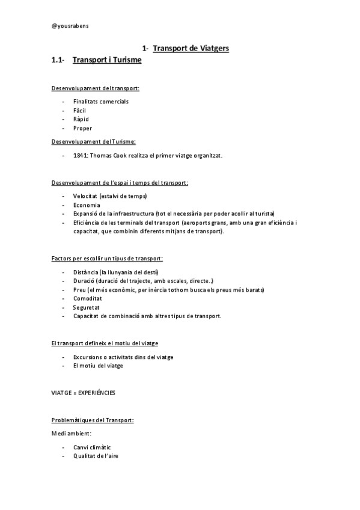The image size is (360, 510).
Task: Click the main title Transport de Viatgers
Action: click(x=191, y=48)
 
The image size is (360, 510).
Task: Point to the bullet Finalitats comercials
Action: click(x=100, y=102)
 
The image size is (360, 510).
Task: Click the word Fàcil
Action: click(x=81, y=110)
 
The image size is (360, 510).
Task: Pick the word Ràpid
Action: click(x=81, y=119)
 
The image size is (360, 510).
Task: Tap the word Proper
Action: click(x=82, y=128)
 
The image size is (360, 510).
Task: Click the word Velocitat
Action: click(x=86, y=196)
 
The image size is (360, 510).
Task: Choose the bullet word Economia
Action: click(x=87, y=205)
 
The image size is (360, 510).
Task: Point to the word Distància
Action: click(x=87, y=272)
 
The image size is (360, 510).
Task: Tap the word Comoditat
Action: click(x=87, y=298)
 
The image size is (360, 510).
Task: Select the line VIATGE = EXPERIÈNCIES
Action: click(x=84, y=393)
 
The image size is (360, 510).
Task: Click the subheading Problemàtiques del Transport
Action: click(x=93, y=420)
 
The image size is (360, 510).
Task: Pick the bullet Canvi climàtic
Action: click(x=92, y=447)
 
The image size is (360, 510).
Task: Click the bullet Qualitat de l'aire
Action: click(x=96, y=456)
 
